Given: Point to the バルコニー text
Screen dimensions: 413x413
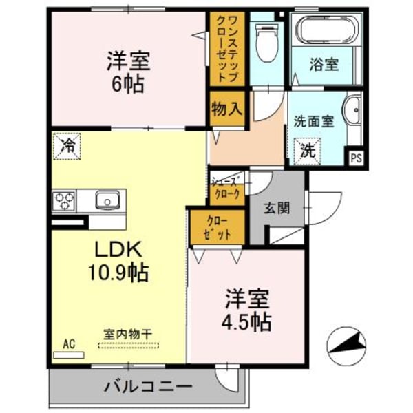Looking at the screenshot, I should pos(148,387).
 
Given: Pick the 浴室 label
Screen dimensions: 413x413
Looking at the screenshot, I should pos(324,65).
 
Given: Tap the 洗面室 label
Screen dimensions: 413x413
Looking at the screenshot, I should pos(313,121).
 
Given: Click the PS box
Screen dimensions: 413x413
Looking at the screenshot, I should pos(356,157).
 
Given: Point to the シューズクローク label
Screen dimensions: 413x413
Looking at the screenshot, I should pos(226,189).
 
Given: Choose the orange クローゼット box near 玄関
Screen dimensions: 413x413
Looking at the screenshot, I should pos(215,227).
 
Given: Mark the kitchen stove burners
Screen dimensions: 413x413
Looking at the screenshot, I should pos(65,201).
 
